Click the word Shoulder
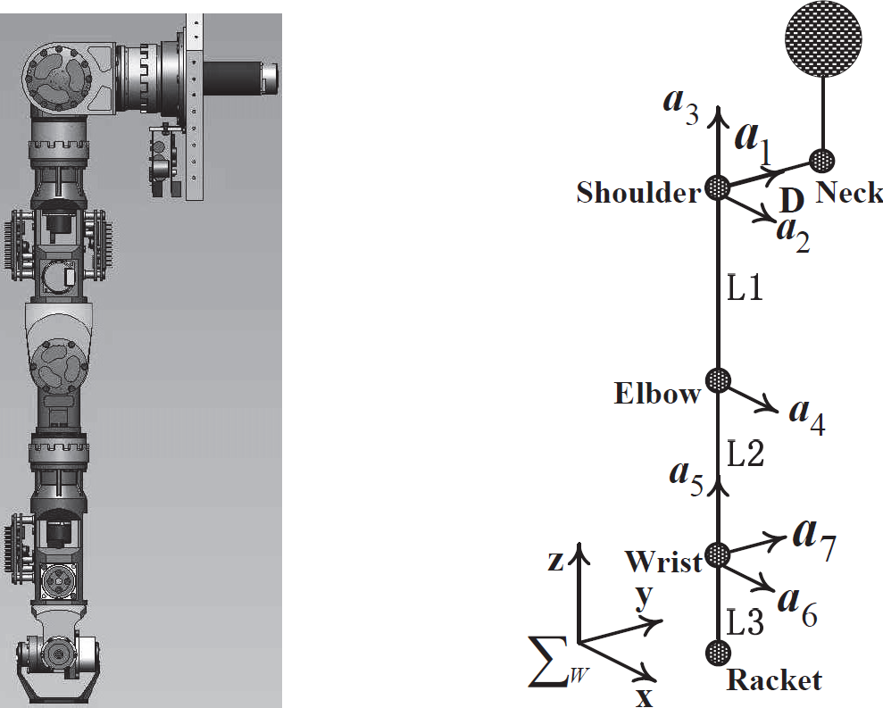(x=638, y=193)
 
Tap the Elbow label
(x=657, y=393)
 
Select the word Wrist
(x=664, y=562)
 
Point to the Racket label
(x=774, y=679)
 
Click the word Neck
(x=849, y=193)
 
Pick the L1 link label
(x=745, y=288)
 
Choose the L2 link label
(x=746, y=454)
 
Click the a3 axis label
(x=681, y=105)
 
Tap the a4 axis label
(x=807, y=417)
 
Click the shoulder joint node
(x=718, y=187)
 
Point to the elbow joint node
(x=718, y=380)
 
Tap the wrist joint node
(x=718, y=555)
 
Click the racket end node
(x=718, y=653)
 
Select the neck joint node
(x=822, y=161)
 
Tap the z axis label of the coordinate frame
(x=556, y=561)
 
